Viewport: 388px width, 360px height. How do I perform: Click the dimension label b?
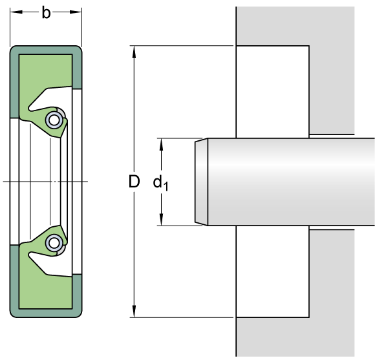[x=46, y=13]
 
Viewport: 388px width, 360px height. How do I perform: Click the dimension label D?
[x=135, y=182]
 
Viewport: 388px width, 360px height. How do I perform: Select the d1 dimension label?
[x=160, y=183]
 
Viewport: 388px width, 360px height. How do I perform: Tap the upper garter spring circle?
[x=54, y=120]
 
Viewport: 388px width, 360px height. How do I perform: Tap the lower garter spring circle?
[x=54, y=243]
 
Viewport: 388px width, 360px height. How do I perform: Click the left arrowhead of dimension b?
[x=16, y=12]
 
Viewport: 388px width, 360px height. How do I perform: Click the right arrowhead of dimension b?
[x=76, y=12]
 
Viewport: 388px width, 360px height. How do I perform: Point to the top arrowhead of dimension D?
[x=134, y=52]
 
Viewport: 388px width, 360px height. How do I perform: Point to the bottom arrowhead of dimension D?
[x=134, y=311]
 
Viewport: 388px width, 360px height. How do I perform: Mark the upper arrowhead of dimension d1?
[x=161, y=144]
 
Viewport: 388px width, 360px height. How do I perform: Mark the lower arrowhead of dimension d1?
[x=161, y=220]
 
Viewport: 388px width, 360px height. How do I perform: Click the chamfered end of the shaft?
[x=201, y=182]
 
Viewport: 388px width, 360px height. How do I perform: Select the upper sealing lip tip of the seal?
[x=60, y=137]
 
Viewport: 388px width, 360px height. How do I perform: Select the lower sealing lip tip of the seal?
[x=60, y=226]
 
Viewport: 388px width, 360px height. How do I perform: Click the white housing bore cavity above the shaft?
[x=273, y=92]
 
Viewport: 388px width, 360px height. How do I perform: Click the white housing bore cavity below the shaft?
[x=273, y=271]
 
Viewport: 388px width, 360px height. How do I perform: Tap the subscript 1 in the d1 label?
[x=166, y=187]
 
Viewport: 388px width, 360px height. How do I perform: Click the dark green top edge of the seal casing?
[x=46, y=50]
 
